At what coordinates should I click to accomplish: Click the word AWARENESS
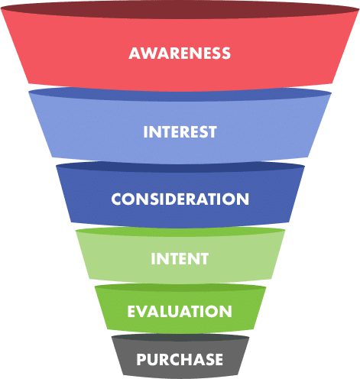click(180, 53)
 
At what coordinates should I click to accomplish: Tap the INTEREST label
click(180, 131)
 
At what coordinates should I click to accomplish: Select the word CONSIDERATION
click(180, 199)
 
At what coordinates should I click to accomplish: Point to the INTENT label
click(180, 258)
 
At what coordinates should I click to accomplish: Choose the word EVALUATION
click(180, 311)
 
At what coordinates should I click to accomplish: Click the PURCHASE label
click(180, 359)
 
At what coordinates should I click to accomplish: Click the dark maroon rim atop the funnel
click(180, 10)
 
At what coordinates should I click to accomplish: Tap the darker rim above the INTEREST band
click(180, 95)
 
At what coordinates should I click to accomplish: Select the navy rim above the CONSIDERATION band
click(180, 167)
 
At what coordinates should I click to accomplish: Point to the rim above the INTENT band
click(180, 232)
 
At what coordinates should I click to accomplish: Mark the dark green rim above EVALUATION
click(180, 288)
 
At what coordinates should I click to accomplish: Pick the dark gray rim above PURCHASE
click(180, 338)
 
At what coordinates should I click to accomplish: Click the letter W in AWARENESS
click(148, 53)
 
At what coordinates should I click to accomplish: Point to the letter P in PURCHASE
click(141, 359)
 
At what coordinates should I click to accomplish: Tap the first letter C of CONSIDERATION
click(117, 199)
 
